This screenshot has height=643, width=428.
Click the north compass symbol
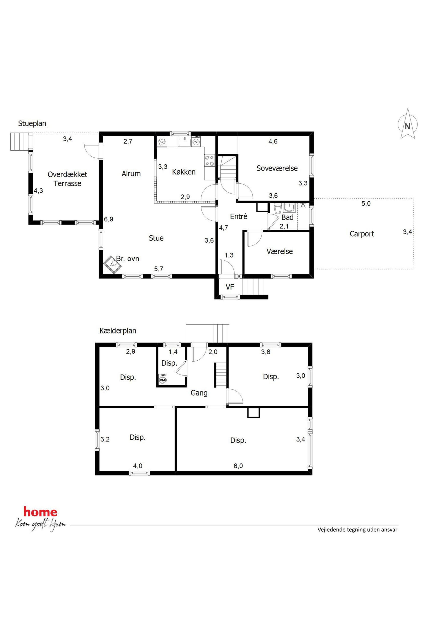coord(407,124)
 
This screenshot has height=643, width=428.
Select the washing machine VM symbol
coord(163,380)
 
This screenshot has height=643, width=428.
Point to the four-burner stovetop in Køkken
coord(210,161)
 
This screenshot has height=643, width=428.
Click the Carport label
coord(362,234)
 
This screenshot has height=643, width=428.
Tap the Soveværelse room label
coord(277,168)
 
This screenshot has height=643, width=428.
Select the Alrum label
coord(131,173)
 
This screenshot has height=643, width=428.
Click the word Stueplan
coord(32,124)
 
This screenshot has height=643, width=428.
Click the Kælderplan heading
coord(118,331)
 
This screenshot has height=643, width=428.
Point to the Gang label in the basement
coord(199,393)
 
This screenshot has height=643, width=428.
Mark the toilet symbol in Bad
coord(278,209)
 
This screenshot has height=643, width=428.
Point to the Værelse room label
coord(280,251)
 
